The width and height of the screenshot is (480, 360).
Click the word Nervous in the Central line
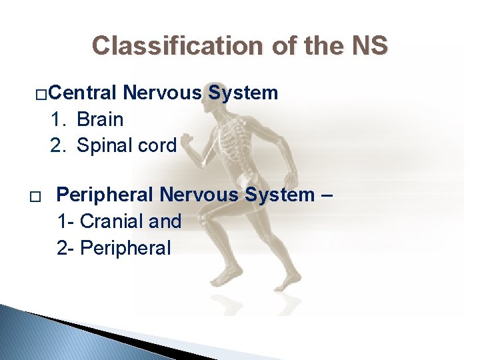point(163,93)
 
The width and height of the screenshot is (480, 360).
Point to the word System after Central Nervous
point(243,93)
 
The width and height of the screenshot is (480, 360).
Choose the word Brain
point(100,119)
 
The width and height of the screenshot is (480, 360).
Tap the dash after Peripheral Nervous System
point(327,195)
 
